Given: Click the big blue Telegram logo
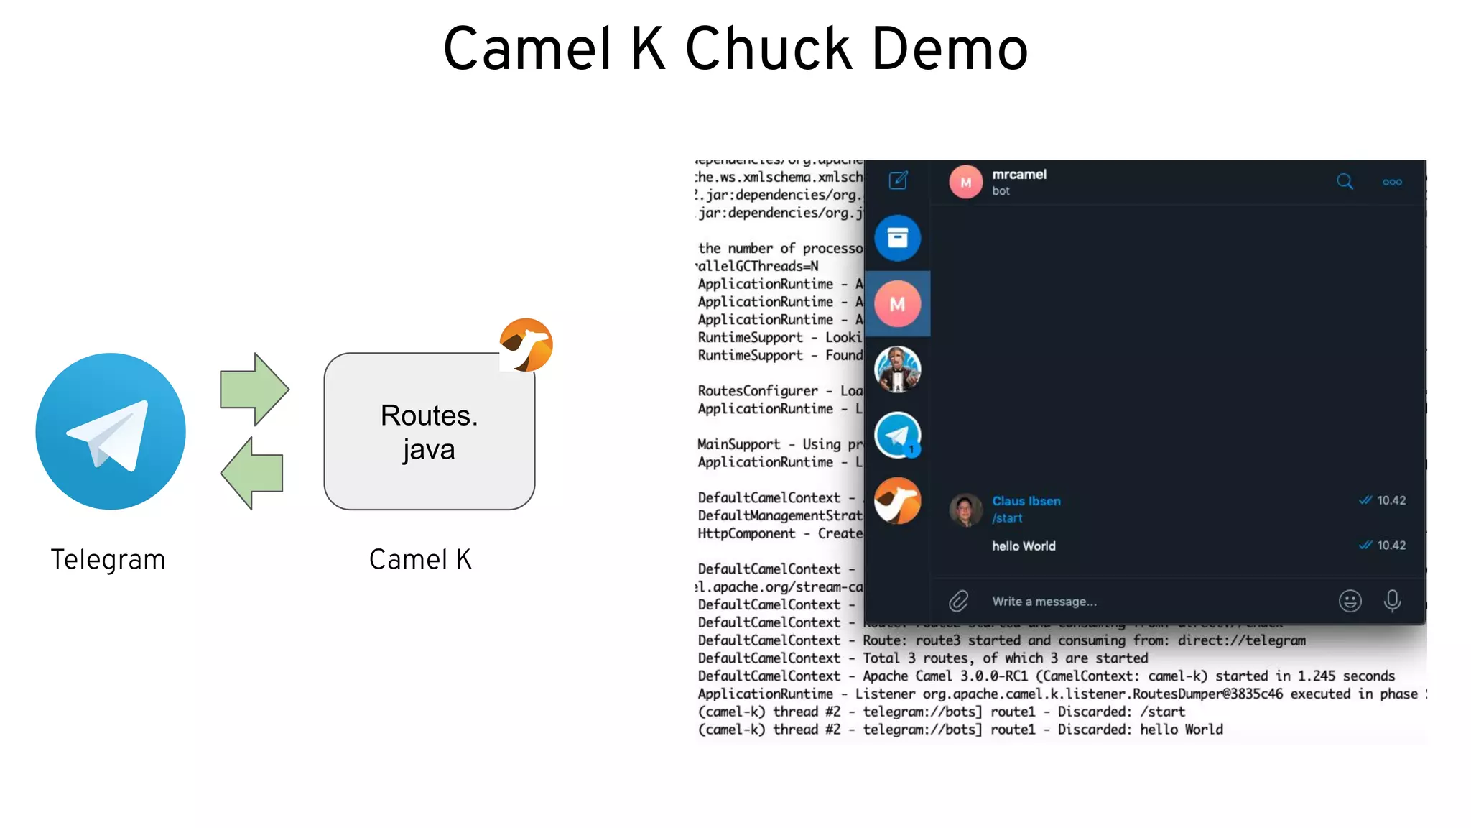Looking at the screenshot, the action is tap(111, 431).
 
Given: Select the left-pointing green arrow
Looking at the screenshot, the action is tap(252, 474).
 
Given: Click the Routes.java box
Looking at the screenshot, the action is tap(429, 431).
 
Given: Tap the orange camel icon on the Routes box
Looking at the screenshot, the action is tap(526, 345).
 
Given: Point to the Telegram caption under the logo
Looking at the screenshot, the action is tap(108, 560).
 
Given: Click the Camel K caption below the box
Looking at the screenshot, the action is tap(420, 560).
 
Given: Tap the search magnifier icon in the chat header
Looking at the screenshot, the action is tap(1345, 182).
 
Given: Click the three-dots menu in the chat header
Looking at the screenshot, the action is tap(1392, 182).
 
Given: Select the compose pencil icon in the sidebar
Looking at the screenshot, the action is tap(899, 180).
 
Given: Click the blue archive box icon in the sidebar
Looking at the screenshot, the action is tap(898, 238).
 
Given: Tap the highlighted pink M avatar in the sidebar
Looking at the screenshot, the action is tap(898, 304).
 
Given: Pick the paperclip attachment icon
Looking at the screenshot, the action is tap(959, 601).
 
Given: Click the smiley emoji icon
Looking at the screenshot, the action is tap(1350, 601).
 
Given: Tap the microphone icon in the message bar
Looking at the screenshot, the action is tap(1392, 601).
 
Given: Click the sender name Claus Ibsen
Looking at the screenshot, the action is tap(1026, 501).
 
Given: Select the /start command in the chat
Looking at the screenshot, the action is tap(1007, 518).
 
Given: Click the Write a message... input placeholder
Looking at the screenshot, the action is tap(1044, 602).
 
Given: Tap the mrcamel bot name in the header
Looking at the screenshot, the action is tap(1019, 175).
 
